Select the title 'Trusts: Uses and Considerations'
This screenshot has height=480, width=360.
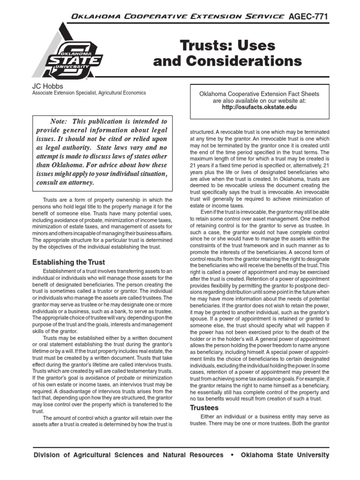tap(228, 54)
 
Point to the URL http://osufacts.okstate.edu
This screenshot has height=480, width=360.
tap(259, 107)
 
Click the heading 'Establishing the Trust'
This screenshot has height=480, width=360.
tap(68, 262)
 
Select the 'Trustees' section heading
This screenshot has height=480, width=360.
tap(205, 408)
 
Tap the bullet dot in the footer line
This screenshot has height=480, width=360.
tap(232, 455)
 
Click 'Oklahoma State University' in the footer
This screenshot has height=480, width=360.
tap(285, 455)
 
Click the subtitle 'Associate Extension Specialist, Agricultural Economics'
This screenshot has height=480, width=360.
tap(89, 93)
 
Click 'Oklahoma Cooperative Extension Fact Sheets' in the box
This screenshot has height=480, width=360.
tap(259, 94)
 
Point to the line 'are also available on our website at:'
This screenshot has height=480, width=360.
tap(259, 100)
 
